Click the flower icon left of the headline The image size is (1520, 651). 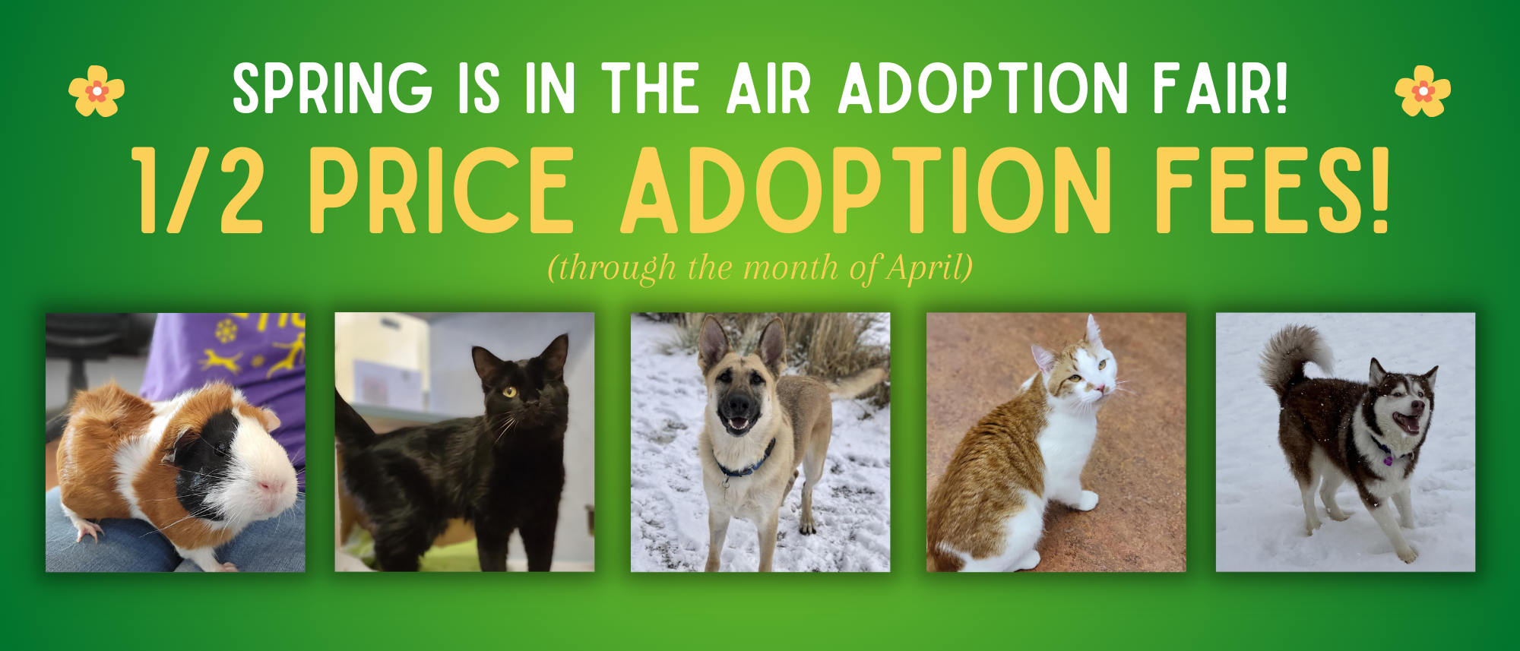tap(97, 91)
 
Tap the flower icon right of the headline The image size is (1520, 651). tap(1423, 91)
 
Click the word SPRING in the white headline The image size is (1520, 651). tap(333, 89)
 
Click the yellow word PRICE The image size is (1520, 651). tap(441, 190)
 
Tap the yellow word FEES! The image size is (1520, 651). tap(1273, 190)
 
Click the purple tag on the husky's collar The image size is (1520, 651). tap(1388, 459)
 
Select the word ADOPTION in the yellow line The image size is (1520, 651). tap(866, 190)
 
